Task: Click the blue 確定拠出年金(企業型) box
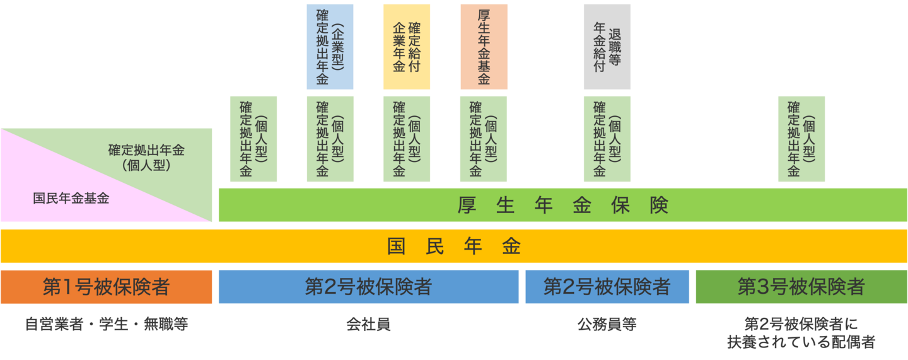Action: pos(330,47)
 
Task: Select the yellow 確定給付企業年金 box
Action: pos(406,47)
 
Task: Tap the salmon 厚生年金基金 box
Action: pos(484,47)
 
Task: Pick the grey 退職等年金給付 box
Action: pos(607,47)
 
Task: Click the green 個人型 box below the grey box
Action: pos(607,139)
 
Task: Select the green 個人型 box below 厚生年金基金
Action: pos(484,139)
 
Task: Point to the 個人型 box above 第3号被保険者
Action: pos(801,139)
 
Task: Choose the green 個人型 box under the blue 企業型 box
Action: pos(330,139)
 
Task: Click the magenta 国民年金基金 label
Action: pos(71,199)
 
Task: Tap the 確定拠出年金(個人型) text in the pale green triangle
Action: pos(146,158)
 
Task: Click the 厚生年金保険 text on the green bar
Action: pos(562,206)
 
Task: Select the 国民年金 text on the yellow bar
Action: pos(454,247)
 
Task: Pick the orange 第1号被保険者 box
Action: pos(106,287)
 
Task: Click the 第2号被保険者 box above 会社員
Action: pos(368,287)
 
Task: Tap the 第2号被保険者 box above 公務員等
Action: pos(607,287)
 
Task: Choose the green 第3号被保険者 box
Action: pos(801,287)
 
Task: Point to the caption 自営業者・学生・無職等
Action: pos(107,325)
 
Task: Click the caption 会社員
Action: pos(368,325)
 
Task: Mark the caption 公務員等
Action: pos(607,325)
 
